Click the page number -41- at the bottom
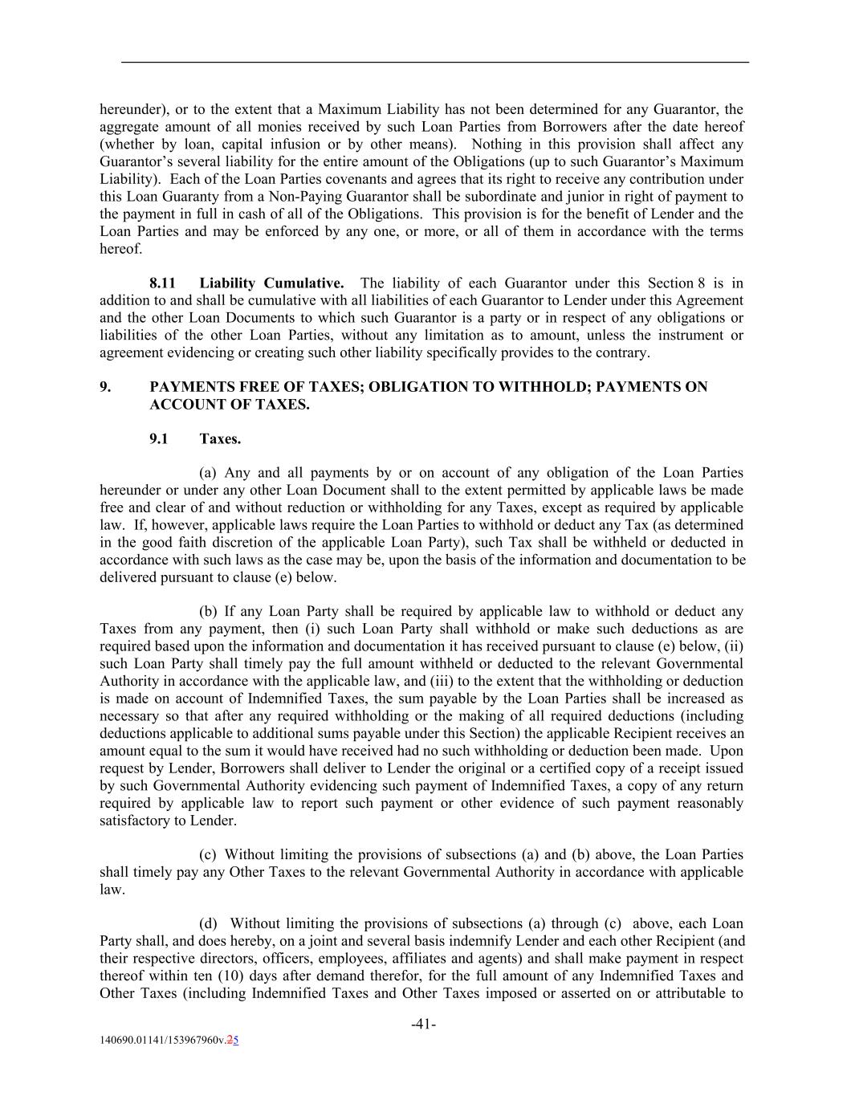423,1024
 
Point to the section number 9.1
158,439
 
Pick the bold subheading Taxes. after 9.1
220,439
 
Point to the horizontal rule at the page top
434,62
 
